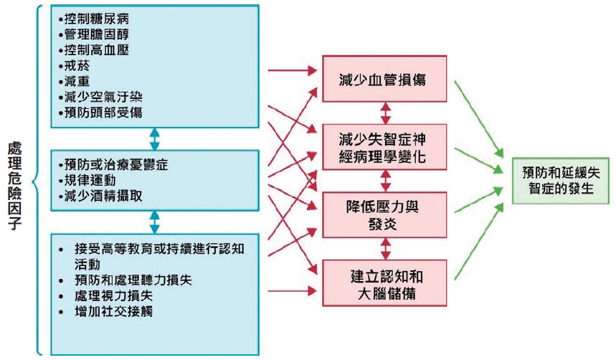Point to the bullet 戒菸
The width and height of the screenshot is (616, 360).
coord(72,65)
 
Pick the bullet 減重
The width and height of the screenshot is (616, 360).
coord(72,81)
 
